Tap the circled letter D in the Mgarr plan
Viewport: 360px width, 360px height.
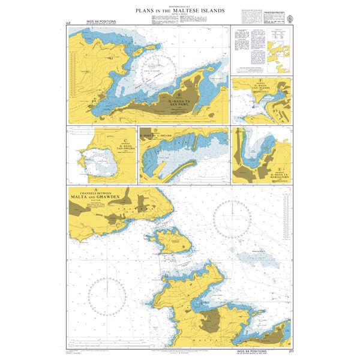(155, 130)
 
